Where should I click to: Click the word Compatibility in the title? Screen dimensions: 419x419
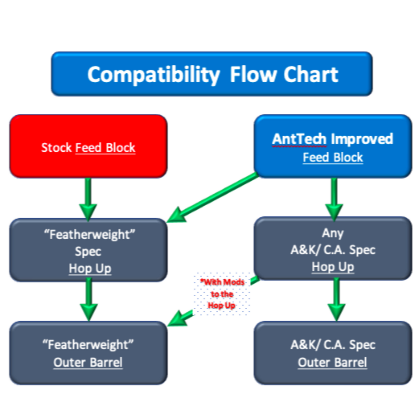coord(153,75)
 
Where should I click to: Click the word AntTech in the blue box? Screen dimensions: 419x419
coord(299,139)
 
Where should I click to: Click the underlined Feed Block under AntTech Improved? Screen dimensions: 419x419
coord(333,157)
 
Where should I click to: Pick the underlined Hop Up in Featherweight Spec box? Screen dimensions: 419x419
coord(90,269)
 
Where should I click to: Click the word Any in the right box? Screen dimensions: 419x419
coord(333,233)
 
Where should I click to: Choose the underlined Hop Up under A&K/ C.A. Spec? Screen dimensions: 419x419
coord(333,267)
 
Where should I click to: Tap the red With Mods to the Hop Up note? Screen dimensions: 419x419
coord(222,294)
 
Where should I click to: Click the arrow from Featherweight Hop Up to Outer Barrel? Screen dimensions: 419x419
coord(89,300)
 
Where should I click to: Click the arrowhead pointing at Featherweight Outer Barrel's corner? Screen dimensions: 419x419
coord(177,319)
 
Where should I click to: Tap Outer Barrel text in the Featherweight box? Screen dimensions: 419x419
coord(88,362)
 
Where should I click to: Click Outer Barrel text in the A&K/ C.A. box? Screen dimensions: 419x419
coord(332,362)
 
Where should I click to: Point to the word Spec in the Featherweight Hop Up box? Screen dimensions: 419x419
coord(88,251)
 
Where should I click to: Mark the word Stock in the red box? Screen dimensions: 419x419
coord(56,148)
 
